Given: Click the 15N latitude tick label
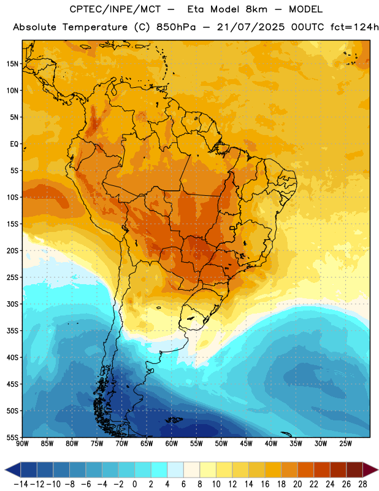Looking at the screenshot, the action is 12,64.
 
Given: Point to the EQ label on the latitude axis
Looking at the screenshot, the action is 14,144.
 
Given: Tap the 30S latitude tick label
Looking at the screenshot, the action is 12,304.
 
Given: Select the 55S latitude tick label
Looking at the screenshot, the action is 12,438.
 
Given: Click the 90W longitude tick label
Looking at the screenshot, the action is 23,444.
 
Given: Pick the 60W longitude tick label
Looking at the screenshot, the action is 172,444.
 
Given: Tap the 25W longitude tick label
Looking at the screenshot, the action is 345,444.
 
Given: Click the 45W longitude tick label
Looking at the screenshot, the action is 246,444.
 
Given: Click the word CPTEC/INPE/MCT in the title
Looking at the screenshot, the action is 115,9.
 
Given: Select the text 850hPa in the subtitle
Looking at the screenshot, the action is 176,27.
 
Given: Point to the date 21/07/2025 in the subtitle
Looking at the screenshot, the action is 251,27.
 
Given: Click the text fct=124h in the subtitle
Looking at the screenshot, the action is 354,27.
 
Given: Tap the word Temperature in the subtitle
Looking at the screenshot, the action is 95,28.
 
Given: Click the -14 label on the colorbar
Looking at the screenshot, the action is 21,484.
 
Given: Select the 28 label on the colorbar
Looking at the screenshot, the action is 362,484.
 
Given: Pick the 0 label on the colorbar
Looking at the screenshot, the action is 134,484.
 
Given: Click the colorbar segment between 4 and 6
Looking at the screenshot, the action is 175,470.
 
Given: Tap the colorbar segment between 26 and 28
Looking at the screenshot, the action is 354,470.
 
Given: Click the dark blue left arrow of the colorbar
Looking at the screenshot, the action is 13,470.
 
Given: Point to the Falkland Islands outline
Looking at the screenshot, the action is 174,420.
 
